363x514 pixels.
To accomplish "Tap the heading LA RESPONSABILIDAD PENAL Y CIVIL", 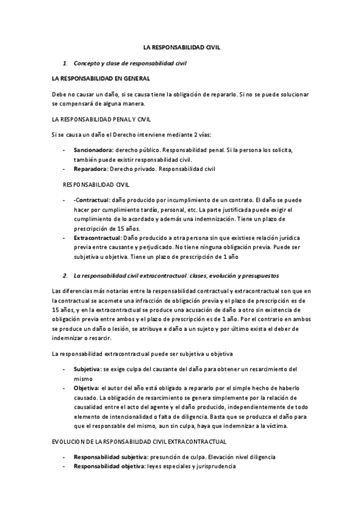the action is point(102,118).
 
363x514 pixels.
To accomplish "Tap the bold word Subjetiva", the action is point(87,369).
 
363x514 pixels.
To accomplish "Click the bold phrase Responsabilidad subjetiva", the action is point(109,456).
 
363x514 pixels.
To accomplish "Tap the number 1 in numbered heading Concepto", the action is point(65,62).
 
